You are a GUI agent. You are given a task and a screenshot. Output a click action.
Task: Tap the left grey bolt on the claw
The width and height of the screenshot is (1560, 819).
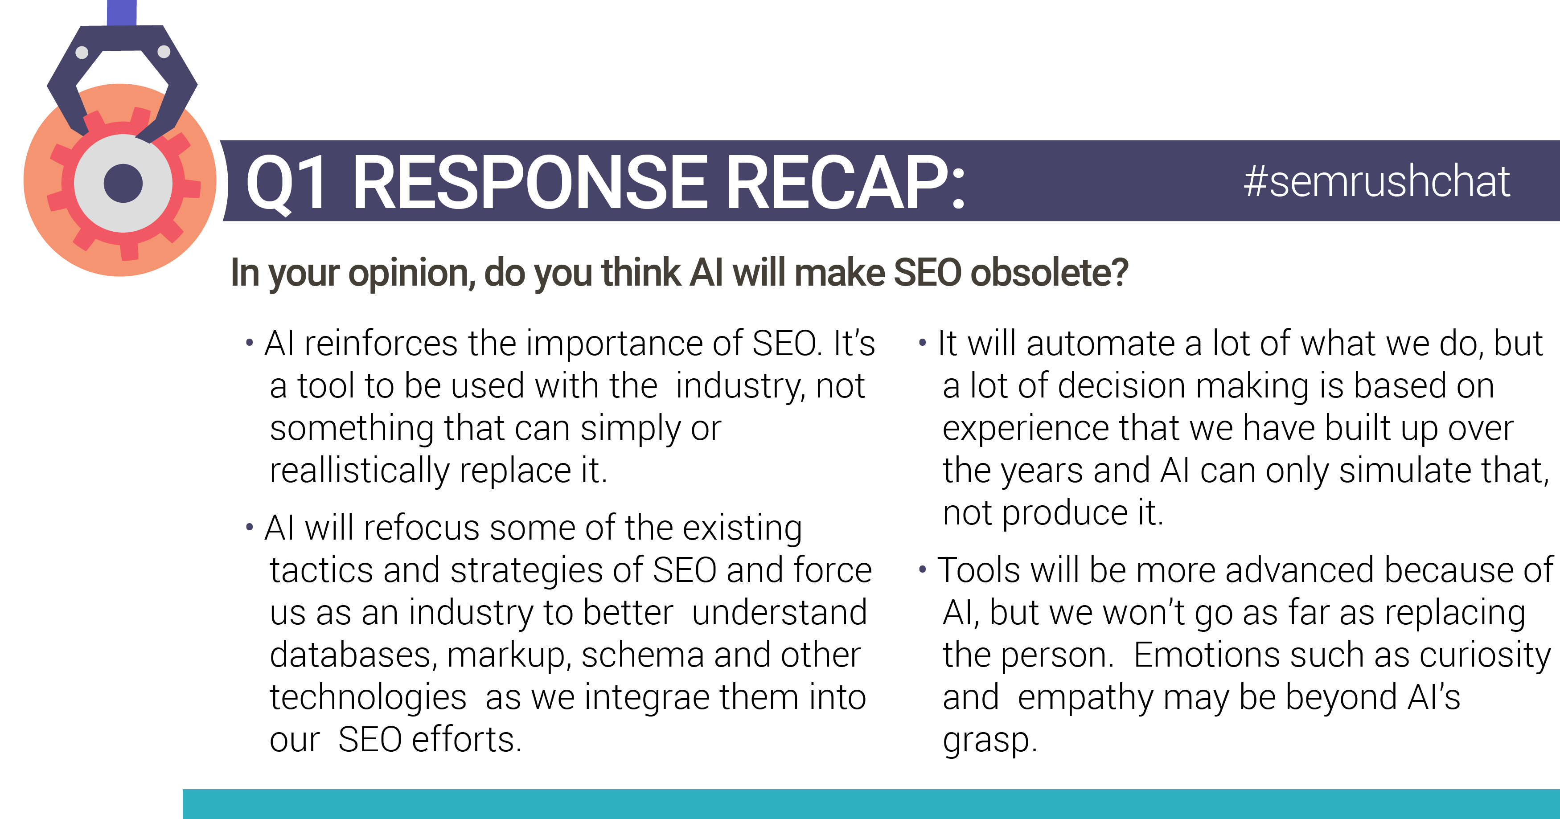coord(82,53)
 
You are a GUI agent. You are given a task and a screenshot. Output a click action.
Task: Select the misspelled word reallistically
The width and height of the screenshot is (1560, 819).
coord(360,471)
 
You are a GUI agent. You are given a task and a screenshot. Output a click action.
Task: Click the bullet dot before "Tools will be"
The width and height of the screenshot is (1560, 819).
coord(922,569)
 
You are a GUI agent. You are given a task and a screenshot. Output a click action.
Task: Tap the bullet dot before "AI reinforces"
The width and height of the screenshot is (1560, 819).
coord(250,343)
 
